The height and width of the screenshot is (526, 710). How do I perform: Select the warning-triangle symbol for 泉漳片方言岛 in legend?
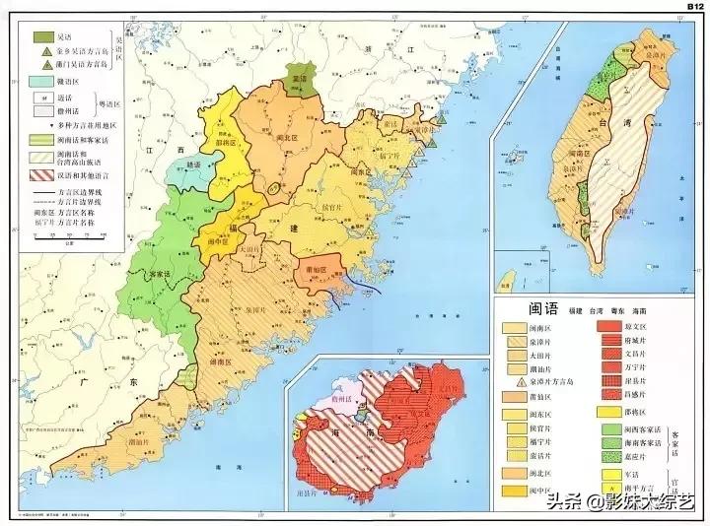point(515,381)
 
